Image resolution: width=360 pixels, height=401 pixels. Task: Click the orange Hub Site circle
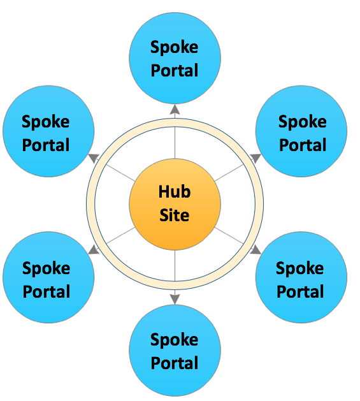(175, 204)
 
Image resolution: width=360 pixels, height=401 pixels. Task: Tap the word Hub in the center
(175, 191)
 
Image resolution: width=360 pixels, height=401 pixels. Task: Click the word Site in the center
(175, 215)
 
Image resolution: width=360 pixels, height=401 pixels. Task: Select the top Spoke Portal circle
(175, 58)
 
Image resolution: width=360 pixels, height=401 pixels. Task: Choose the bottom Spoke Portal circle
(175, 351)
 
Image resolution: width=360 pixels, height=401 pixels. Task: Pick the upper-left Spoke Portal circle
(48, 131)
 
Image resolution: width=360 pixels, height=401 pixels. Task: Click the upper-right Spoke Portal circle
(301, 131)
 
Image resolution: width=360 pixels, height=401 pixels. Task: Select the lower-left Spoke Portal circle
(48, 277)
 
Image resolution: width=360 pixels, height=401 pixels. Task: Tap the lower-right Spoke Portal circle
(301, 277)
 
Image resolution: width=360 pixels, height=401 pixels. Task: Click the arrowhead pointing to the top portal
(175, 109)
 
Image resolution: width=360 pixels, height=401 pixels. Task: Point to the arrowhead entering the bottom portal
(175, 299)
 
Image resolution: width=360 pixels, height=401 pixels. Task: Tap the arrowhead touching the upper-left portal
(94, 158)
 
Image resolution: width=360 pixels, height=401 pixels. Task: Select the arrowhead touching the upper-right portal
(256, 158)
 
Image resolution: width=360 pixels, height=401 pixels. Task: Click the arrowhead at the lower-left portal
(94, 250)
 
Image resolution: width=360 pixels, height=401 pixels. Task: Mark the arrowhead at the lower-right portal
(256, 250)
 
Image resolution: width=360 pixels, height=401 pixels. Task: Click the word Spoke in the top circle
(175, 47)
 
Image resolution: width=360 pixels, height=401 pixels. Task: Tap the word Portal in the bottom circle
(175, 363)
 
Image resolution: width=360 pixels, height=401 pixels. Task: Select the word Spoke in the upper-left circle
(45, 122)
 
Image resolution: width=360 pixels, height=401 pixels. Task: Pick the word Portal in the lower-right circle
(300, 291)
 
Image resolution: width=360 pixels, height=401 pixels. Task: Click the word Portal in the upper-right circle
(303, 145)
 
